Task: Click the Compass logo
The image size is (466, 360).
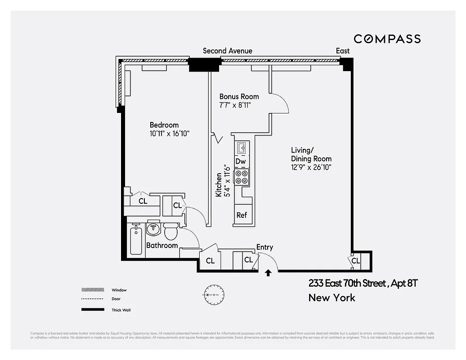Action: [387, 39]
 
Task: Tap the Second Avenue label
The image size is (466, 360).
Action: [228, 51]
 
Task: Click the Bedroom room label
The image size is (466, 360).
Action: [164, 125]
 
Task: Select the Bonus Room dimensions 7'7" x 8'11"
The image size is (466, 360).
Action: [234, 105]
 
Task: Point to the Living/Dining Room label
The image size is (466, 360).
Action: [311, 154]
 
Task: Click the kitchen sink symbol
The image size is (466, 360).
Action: [241, 147]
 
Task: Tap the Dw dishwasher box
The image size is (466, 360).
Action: [241, 161]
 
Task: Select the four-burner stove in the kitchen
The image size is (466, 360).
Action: [242, 176]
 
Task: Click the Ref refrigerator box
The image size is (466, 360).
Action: [242, 215]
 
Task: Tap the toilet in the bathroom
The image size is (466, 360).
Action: [170, 231]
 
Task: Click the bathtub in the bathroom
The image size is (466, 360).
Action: [135, 240]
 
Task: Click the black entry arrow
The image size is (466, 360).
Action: [268, 273]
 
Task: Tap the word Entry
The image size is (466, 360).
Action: [264, 247]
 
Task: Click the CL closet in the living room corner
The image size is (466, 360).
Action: [356, 261]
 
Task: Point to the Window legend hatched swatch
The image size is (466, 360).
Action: [91, 290]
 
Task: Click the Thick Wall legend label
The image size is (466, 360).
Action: [121, 310]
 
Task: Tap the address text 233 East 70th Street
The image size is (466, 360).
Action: [347, 283]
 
